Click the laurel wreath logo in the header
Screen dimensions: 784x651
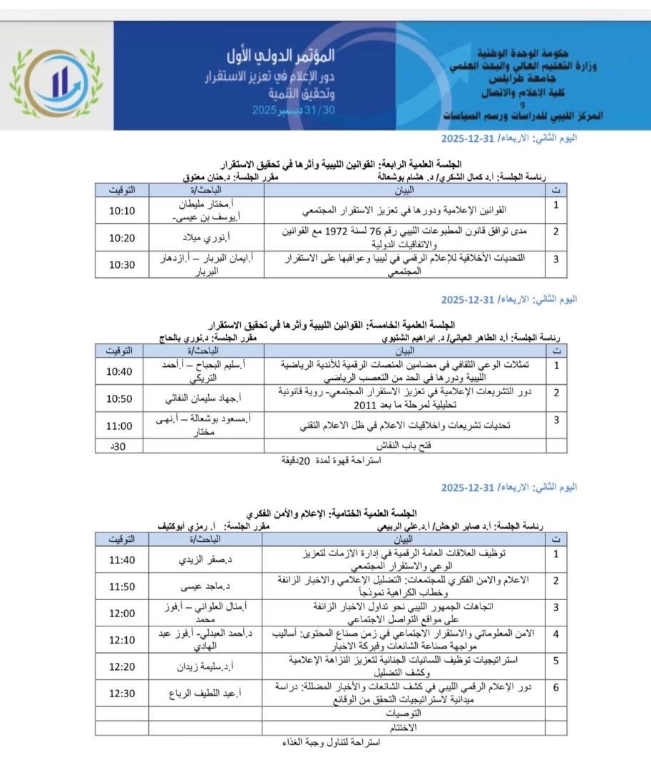(x=57, y=76)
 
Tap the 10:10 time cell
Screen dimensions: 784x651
(x=121, y=211)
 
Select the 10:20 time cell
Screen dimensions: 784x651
(x=121, y=237)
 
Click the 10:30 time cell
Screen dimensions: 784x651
(x=121, y=264)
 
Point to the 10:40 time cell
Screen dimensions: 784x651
(x=119, y=371)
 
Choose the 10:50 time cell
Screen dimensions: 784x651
(x=119, y=398)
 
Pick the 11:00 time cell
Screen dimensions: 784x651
(x=119, y=425)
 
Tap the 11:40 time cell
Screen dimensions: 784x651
(x=121, y=559)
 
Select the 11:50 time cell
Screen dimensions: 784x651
(x=121, y=587)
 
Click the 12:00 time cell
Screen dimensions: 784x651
(x=121, y=613)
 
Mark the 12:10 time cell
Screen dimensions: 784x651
(x=121, y=639)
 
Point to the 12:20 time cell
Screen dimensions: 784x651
(x=121, y=666)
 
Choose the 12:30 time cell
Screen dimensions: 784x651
(x=121, y=693)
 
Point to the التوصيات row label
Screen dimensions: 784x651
(x=404, y=713)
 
